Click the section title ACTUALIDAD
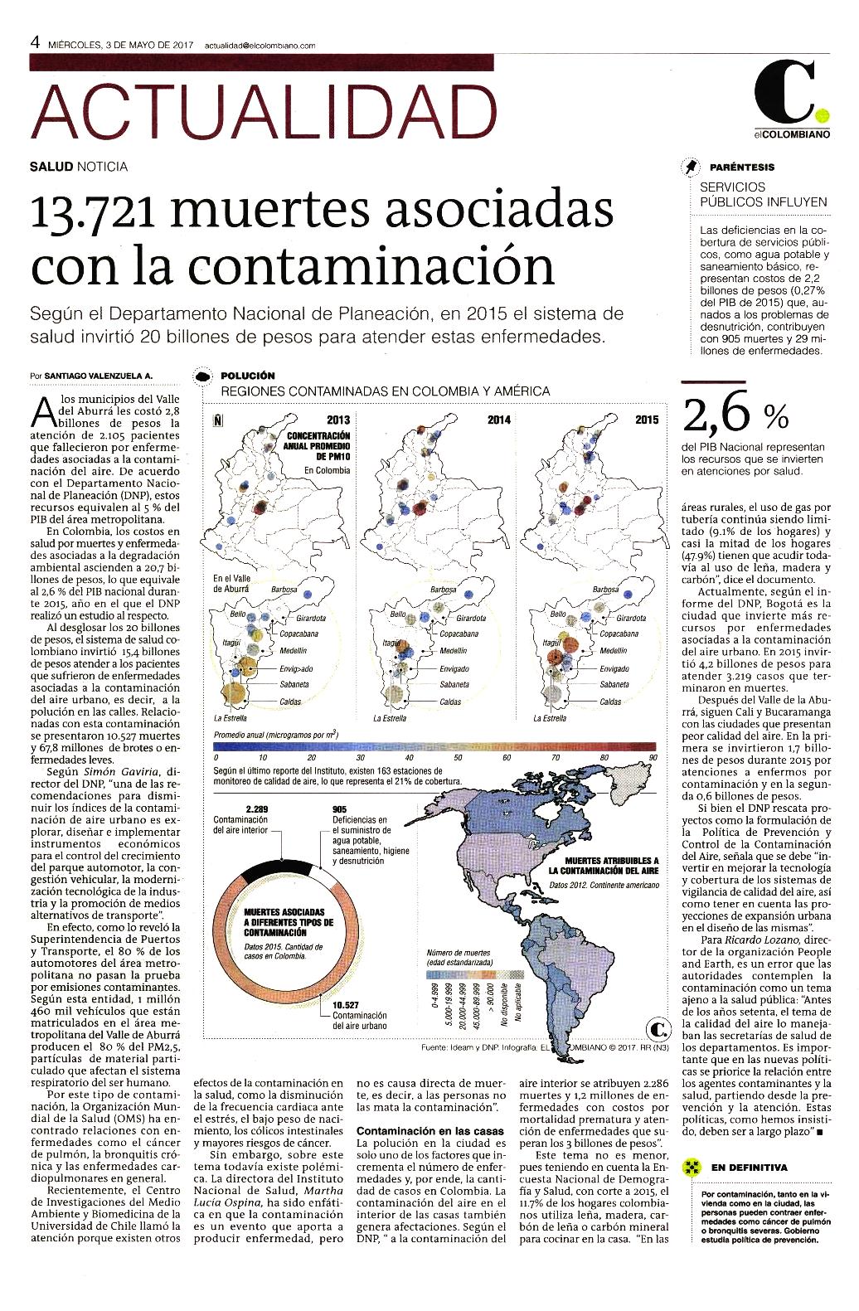pos(264,112)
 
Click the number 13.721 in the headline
pos(93,210)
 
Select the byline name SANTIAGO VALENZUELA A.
pos(99,376)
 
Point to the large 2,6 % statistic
pos(735,415)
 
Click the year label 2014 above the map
pos(498,420)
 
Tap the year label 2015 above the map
pos(647,420)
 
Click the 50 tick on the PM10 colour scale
pos(458,757)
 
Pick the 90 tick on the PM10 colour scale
pos(653,757)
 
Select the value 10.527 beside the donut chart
pos(345,1005)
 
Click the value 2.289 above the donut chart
pos(256,809)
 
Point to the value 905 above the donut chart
pos(339,809)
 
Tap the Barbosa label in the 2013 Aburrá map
pos(284,590)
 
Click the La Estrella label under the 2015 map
pos(550,718)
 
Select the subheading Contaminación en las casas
pos(430,1131)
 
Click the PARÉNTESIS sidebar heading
pos(742,168)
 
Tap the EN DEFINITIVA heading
pos(749,1168)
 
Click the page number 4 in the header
pos(35,42)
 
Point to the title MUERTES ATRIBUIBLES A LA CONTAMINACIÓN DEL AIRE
pos(603,866)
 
